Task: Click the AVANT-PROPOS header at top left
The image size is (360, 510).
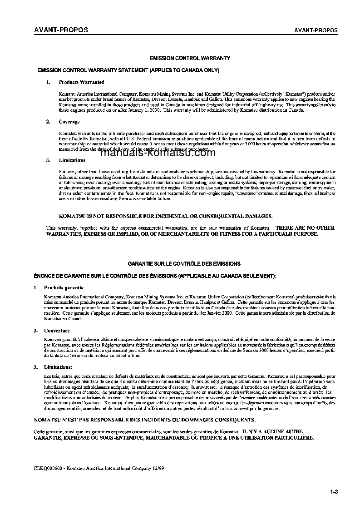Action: coord(61,30)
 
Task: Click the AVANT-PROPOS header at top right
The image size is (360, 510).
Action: coord(316,30)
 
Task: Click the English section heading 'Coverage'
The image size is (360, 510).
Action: coord(69,122)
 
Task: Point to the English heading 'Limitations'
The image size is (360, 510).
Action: coord(72,160)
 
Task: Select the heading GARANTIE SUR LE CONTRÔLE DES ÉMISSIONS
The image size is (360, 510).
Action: coord(184,263)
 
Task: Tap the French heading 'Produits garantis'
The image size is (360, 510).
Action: coord(64,287)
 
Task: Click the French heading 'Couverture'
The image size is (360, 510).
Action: coord(58,330)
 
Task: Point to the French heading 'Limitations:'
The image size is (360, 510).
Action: coord(58,366)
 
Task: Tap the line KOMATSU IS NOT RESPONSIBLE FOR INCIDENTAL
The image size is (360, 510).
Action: coord(166,216)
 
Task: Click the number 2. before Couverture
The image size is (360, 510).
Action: coord(36,330)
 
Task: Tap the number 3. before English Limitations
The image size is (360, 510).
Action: coord(48,160)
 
